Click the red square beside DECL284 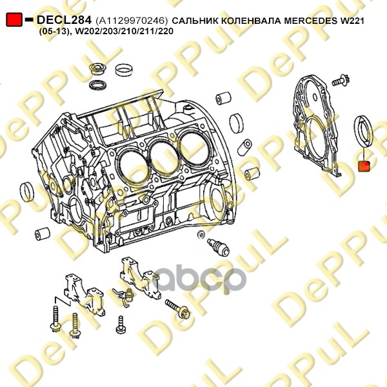14,21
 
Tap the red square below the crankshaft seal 363,166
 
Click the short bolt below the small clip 120,325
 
